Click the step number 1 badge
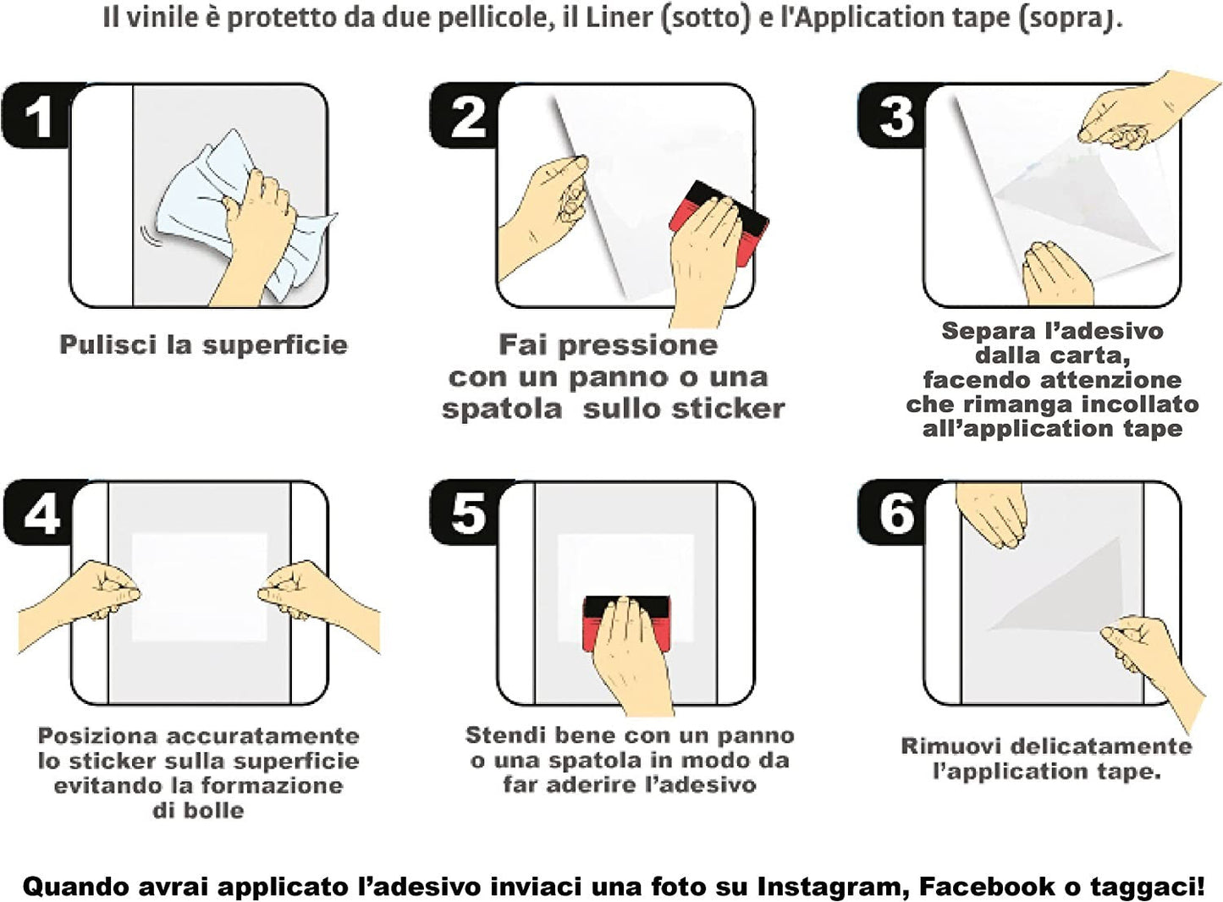tap(37, 116)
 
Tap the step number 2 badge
tap(466, 116)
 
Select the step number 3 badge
tap(895, 116)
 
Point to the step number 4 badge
tap(41, 513)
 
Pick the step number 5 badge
tap(468, 513)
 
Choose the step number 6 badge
tap(896, 513)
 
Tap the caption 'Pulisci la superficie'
tap(203, 344)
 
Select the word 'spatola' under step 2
tap(501, 409)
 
